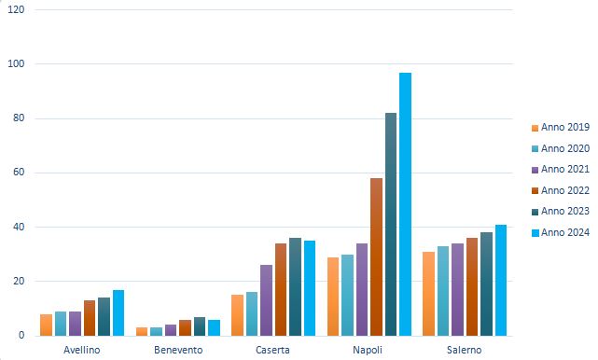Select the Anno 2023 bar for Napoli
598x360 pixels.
(x=391, y=224)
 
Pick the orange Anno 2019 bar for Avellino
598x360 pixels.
(x=46, y=325)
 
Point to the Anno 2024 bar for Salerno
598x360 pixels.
(x=501, y=280)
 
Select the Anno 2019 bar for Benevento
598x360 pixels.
(x=142, y=331)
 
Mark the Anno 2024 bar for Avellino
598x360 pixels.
(x=118, y=312)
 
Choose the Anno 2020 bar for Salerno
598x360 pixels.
(x=443, y=290)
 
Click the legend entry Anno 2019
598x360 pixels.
(x=560, y=128)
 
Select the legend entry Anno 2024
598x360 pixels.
(x=560, y=231)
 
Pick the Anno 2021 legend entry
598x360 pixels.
(x=560, y=169)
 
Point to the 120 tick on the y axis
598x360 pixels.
(x=17, y=9)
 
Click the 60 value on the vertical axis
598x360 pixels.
(x=20, y=173)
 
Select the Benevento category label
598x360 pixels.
(x=178, y=350)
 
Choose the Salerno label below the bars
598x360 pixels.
(x=465, y=350)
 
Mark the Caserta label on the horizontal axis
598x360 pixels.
(x=273, y=350)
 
